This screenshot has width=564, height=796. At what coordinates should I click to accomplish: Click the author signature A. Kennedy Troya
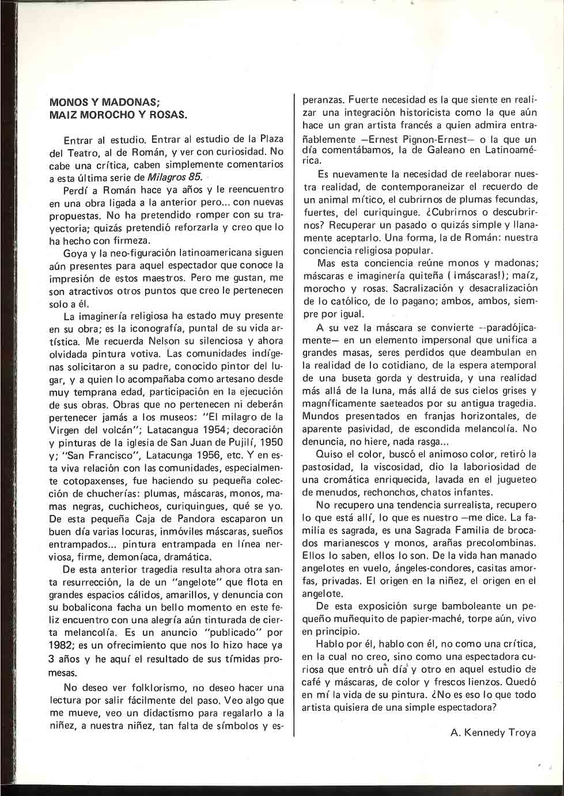pos(493,733)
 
